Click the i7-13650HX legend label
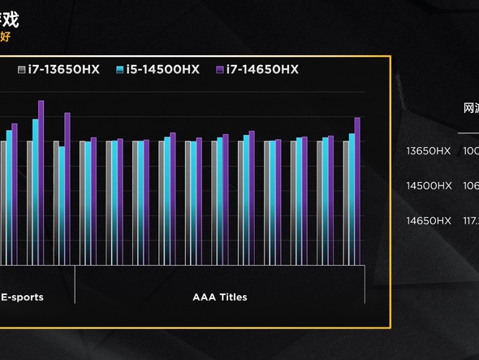[x=63, y=70]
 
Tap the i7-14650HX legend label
[x=262, y=70]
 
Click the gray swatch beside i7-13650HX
[x=22, y=70]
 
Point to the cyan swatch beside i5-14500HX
[x=120, y=70]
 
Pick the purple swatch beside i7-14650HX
[x=220, y=70]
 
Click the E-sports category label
[x=22, y=297]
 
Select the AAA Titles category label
[x=220, y=297]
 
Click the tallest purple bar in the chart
[x=41, y=183]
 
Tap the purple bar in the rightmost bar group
[x=357, y=191]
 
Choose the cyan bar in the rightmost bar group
[x=352, y=199]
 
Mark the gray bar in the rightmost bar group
[x=346, y=203]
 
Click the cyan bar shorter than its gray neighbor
[x=62, y=206]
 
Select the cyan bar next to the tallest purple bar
[x=35, y=192]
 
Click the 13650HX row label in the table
[x=428, y=150]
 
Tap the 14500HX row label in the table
[x=428, y=185]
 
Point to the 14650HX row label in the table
[x=428, y=220]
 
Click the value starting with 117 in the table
[x=470, y=220]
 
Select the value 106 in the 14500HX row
[x=470, y=185]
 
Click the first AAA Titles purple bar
[x=93, y=201]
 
